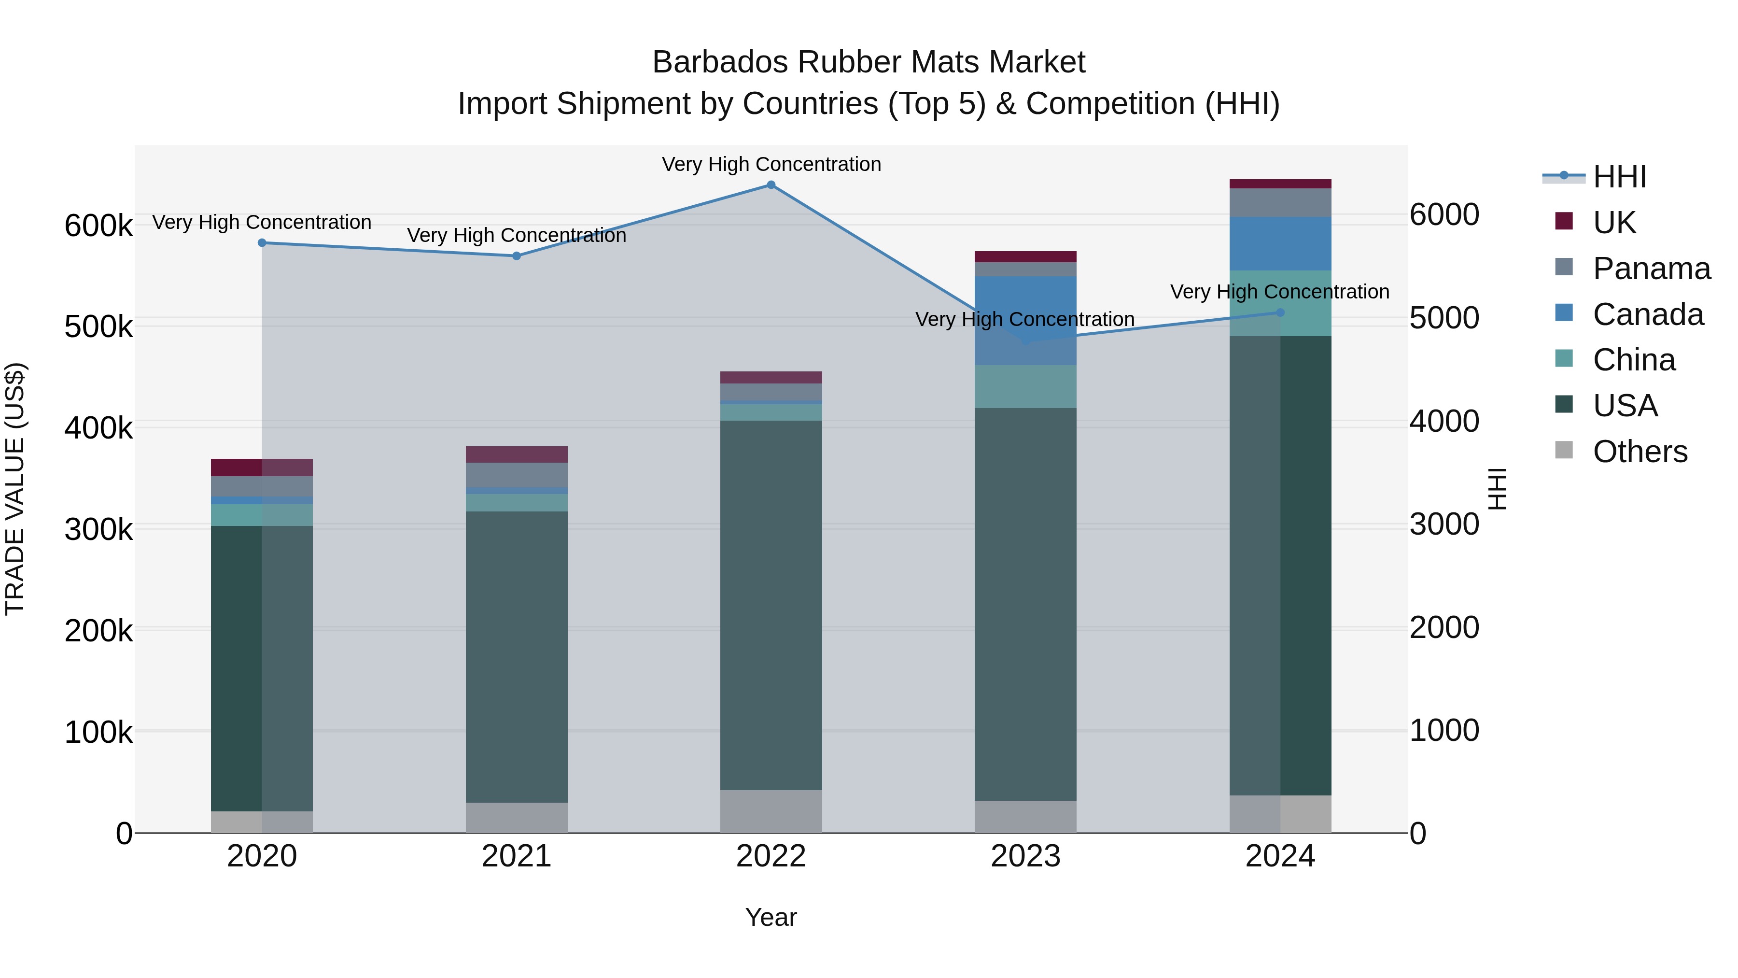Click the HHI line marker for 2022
(x=771, y=184)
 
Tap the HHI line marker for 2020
(x=262, y=242)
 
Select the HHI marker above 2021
(x=516, y=256)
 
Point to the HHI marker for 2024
(x=1280, y=312)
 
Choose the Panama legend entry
(x=1651, y=269)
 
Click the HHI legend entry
(x=1619, y=177)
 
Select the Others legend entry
(x=1640, y=452)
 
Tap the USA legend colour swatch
(x=1563, y=404)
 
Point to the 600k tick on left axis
(x=98, y=226)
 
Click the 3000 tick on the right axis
(x=1444, y=524)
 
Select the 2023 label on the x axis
(x=1025, y=856)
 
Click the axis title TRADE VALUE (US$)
(x=15, y=489)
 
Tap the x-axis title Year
(x=771, y=917)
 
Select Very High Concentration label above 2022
(x=771, y=164)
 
